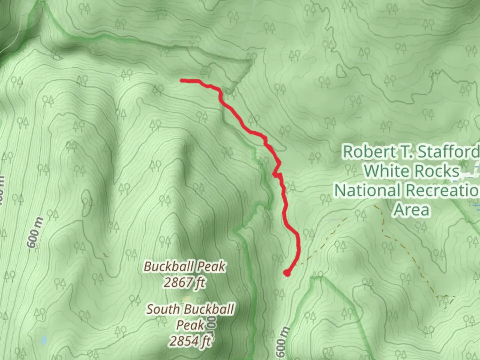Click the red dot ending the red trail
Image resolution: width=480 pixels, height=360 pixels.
click(x=287, y=273)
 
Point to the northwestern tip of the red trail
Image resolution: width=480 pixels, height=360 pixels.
click(x=182, y=80)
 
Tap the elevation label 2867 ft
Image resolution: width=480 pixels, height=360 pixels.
click(x=184, y=283)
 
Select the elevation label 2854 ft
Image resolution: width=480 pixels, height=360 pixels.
click(x=190, y=341)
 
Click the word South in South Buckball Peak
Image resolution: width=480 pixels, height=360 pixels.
click(x=163, y=309)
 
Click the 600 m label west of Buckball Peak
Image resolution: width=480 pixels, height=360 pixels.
click(x=36, y=232)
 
